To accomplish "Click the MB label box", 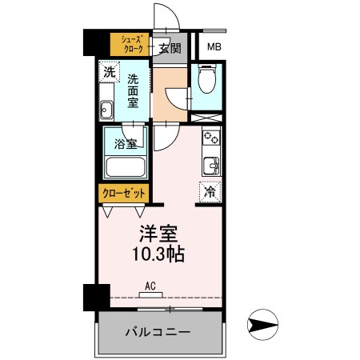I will [x=214, y=47].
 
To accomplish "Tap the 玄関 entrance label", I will [x=169, y=48].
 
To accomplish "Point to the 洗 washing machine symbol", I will [x=109, y=71].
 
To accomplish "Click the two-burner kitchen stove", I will [x=211, y=138].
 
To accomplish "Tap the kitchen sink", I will [x=211, y=166].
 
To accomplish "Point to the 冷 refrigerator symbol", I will [x=210, y=191].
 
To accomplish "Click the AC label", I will [x=150, y=284].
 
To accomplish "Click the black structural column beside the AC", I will [x=91, y=298].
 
